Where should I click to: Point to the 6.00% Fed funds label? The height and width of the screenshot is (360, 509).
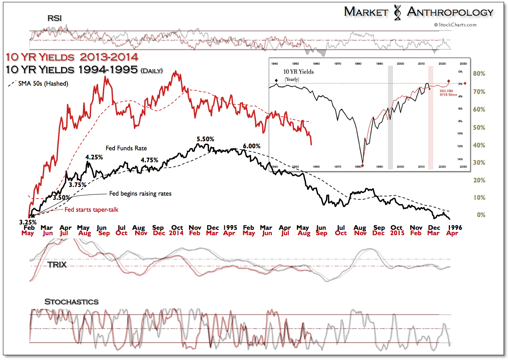click(x=251, y=146)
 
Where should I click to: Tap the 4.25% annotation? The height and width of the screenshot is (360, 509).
click(x=94, y=157)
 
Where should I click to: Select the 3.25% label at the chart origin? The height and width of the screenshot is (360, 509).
click(x=27, y=222)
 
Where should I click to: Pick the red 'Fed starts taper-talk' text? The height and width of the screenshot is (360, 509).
click(x=91, y=209)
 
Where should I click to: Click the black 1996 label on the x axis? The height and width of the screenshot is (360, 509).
click(x=455, y=227)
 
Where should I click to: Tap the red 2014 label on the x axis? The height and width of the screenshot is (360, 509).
click(x=177, y=233)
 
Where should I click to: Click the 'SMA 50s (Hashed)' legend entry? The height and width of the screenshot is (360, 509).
click(x=40, y=84)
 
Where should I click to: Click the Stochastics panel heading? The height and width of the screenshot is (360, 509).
click(x=71, y=302)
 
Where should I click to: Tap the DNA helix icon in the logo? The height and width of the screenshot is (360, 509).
click(x=397, y=13)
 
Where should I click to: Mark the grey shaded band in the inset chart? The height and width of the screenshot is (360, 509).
click(x=390, y=117)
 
